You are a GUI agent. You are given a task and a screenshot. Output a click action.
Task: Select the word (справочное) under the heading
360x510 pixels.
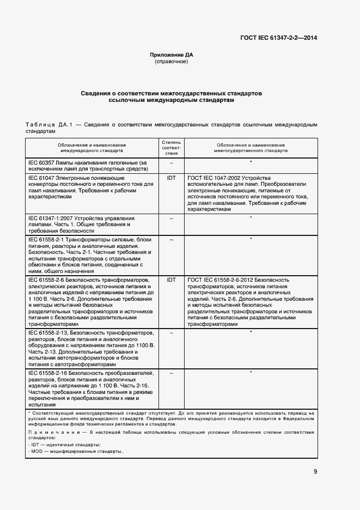coord(172,62)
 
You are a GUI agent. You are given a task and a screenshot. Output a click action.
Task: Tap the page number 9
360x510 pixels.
coord(315,472)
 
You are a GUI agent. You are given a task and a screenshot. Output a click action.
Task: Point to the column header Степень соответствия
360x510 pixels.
coord(171,148)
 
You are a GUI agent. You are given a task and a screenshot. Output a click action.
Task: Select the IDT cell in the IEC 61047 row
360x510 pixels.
coord(171,178)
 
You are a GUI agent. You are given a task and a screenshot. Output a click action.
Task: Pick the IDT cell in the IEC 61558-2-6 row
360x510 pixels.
coord(171,280)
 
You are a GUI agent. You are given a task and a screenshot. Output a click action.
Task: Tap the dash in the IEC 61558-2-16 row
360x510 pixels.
coord(171,373)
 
